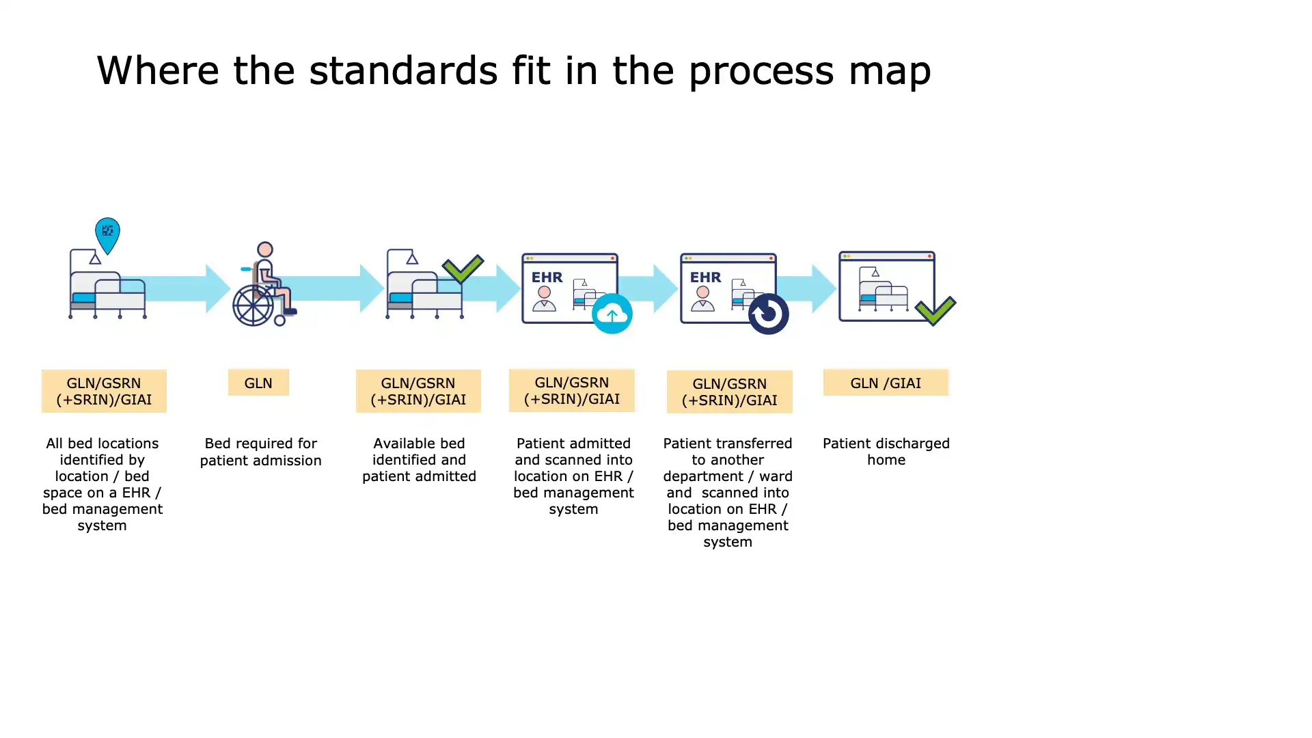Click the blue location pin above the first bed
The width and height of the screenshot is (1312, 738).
coord(107,234)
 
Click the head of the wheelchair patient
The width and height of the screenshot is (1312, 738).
coord(265,249)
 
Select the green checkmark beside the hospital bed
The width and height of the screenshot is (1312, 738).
coord(463,269)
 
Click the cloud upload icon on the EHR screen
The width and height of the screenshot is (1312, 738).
coord(612,314)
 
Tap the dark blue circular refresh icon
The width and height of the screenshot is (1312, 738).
coord(768,314)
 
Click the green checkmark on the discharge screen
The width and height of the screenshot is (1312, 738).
coord(935,310)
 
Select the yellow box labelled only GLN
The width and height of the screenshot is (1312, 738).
coord(258,383)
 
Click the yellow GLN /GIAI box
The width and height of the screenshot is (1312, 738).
coord(886,383)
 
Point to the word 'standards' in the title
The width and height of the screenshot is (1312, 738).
coord(403,70)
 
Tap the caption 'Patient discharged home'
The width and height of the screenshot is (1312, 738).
coord(886,452)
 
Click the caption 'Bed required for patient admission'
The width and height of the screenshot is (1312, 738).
coord(261,452)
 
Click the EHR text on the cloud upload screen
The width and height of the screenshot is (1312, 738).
coord(547,277)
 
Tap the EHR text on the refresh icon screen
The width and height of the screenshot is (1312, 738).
coord(705,277)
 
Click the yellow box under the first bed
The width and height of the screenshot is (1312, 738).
coord(104,391)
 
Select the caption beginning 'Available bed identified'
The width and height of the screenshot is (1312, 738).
coord(419,460)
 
